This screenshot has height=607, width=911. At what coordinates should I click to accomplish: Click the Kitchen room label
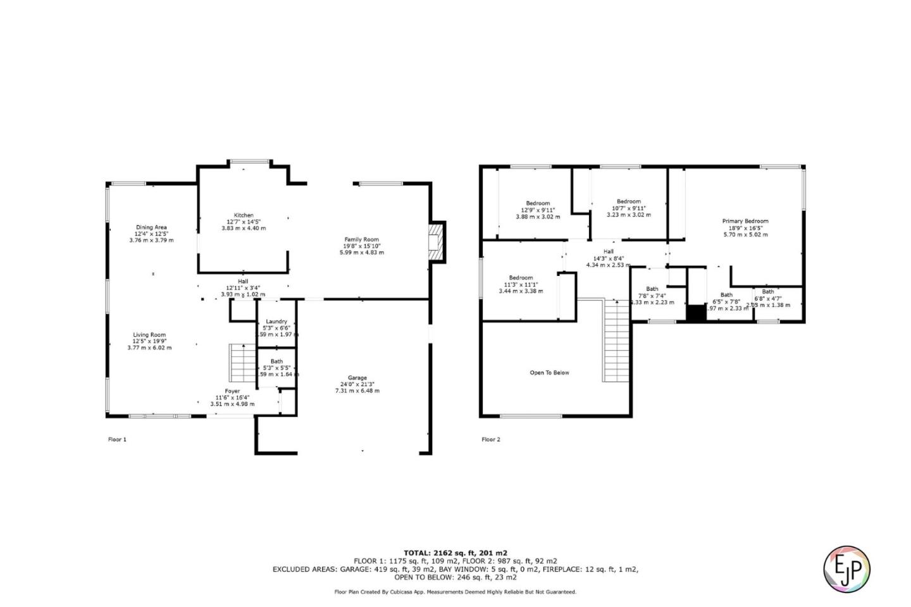click(244, 216)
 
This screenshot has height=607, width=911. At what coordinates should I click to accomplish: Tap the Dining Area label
click(151, 228)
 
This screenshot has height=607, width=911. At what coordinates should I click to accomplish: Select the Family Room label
click(362, 240)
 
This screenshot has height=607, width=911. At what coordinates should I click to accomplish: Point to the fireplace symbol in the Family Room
click(435, 241)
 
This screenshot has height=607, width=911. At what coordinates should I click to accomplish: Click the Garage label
click(357, 378)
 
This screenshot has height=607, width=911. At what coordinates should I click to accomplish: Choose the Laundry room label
click(276, 322)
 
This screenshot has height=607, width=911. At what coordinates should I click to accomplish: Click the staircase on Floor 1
click(242, 363)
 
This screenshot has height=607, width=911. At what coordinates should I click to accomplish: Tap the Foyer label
click(232, 391)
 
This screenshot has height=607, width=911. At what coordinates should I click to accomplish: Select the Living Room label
click(149, 335)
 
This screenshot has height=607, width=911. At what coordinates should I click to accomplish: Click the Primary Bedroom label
click(745, 222)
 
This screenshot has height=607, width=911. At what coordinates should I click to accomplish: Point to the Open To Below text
click(549, 373)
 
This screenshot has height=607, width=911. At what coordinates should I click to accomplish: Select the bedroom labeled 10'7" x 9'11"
click(628, 202)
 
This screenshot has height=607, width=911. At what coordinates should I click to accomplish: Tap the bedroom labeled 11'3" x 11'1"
click(521, 278)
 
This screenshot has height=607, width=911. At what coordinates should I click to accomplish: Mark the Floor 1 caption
click(117, 439)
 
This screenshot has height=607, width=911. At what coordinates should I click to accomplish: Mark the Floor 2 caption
click(490, 439)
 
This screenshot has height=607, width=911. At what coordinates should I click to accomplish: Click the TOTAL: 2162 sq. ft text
click(455, 553)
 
